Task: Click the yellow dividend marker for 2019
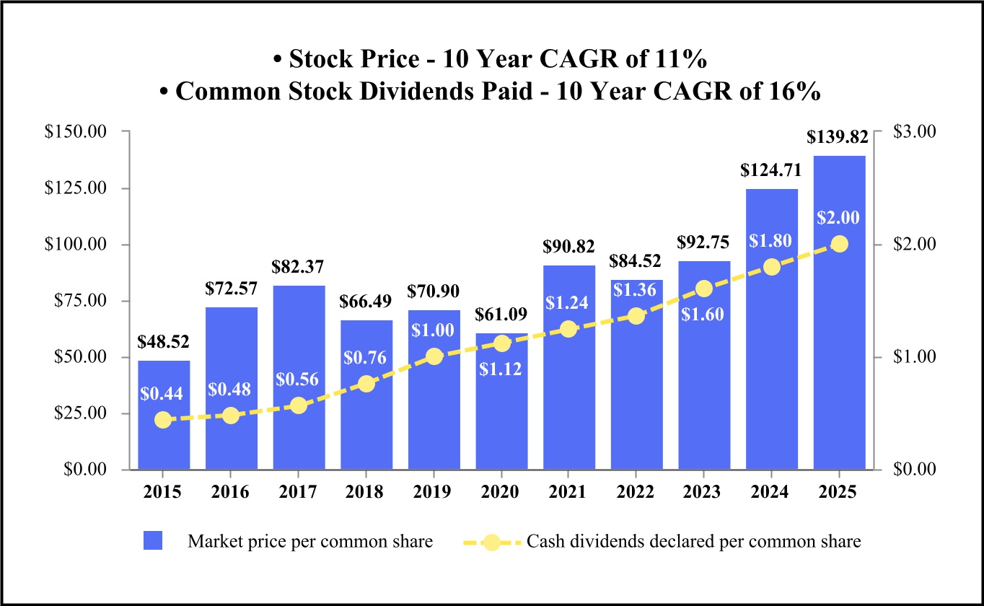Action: pyautogui.click(x=434, y=356)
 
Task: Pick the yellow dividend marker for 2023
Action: pyautogui.click(x=704, y=289)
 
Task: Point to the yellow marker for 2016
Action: pyautogui.click(x=231, y=416)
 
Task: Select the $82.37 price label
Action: pyautogui.click(x=298, y=267)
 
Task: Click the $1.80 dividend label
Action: pyautogui.click(x=771, y=242)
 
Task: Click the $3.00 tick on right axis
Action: pyautogui.click(x=913, y=131)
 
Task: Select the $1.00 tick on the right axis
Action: pyautogui.click(x=913, y=356)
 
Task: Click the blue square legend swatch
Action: pyautogui.click(x=153, y=541)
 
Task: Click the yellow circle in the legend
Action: pyautogui.click(x=491, y=541)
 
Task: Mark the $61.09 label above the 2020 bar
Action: pyautogui.click(x=501, y=314)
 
